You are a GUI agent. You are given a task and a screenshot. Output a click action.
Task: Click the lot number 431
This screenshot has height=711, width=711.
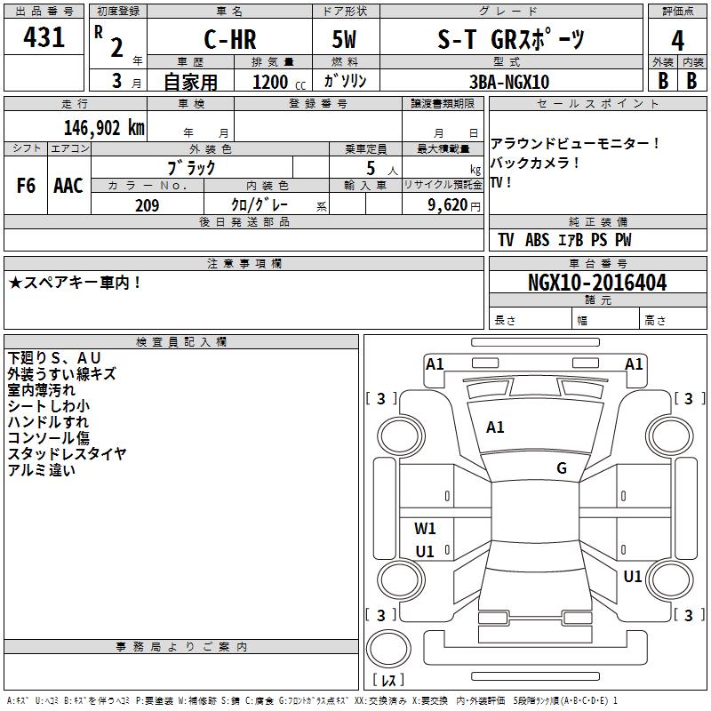[44, 37]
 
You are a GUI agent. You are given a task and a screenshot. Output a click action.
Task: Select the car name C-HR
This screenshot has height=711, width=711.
[230, 39]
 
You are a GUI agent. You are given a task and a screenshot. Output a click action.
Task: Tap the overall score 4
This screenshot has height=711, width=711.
[677, 41]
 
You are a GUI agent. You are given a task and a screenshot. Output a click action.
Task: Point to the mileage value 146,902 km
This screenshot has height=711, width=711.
[104, 128]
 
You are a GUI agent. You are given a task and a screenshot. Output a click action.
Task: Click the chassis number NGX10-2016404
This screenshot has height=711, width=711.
[597, 283]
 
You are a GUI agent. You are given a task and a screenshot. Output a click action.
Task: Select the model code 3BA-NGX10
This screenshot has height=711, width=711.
[509, 82]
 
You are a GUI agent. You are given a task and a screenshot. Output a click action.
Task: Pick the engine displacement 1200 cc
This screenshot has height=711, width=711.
[279, 82]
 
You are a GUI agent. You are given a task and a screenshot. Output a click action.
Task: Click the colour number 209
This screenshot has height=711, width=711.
[147, 205]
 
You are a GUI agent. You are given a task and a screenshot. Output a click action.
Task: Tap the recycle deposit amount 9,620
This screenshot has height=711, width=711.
[448, 205]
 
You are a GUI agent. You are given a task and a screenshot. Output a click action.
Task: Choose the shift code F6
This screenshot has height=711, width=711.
[26, 186]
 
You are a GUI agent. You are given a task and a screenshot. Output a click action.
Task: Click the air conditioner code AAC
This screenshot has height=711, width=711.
[68, 186]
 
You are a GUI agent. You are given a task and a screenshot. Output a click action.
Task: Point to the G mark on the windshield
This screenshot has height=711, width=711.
[562, 468]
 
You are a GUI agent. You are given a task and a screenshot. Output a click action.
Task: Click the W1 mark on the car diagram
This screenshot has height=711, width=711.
[425, 528]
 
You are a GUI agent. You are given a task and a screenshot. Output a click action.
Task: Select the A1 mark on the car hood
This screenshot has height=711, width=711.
[495, 427]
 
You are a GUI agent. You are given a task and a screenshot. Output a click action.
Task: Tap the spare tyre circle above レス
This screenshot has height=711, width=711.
[388, 649]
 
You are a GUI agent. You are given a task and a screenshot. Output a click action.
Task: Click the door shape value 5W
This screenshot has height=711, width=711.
[344, 39]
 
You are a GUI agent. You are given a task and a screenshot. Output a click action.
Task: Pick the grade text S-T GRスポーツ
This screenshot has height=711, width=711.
[510, 39]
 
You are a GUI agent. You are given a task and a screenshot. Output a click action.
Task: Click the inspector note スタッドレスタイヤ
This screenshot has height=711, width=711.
[68, 454]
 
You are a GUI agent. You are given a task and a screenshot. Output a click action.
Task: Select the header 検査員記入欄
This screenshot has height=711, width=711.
[181, 342]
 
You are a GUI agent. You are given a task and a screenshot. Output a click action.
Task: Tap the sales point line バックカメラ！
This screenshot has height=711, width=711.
[535, 163]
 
